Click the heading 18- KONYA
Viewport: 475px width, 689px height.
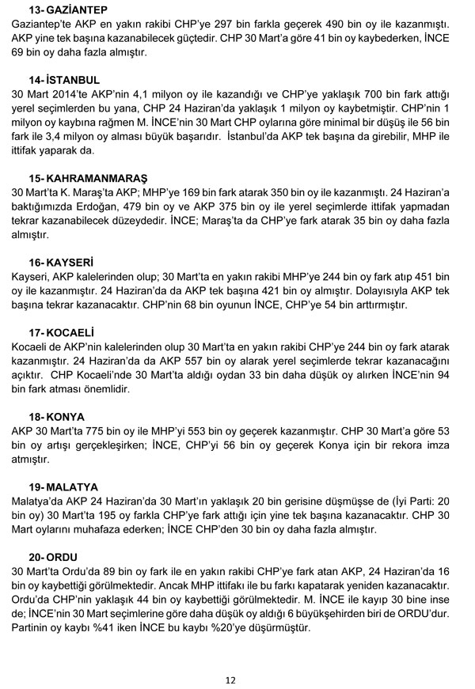[58, 415]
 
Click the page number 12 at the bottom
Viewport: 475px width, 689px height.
[230, 679]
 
